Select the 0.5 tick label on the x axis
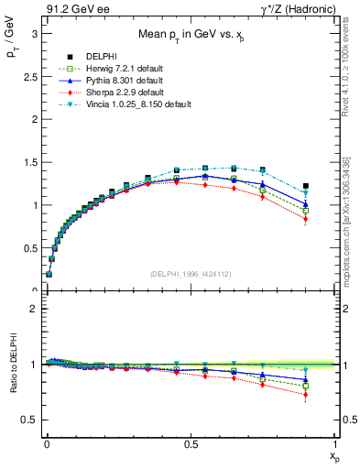(190, 444)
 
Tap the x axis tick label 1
(335, 444)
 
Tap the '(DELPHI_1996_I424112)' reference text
(190, 272)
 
